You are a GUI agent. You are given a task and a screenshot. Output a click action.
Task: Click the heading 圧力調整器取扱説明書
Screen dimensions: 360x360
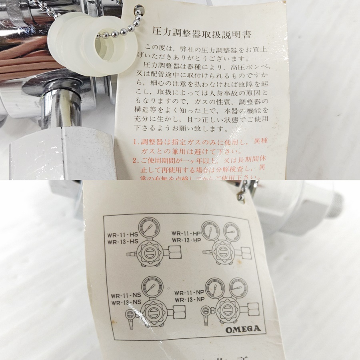[x=202, y=33]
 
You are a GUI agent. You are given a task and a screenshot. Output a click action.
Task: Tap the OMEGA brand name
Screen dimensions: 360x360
[x=243, y=330]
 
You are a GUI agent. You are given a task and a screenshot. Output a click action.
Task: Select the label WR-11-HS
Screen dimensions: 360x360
[x=122, y=235]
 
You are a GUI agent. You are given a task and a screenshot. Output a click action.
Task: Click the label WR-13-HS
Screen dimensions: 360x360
[x=122, y=242]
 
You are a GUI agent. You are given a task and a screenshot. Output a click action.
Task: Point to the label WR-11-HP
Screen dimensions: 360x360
[x=186, y=233]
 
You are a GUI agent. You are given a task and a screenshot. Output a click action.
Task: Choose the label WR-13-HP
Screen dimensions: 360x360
[x=186, y=240]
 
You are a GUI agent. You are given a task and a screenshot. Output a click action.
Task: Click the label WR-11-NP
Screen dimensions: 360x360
[x=190, y=293]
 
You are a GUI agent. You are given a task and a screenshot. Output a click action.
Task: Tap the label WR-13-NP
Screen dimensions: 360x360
[x=190, y=300]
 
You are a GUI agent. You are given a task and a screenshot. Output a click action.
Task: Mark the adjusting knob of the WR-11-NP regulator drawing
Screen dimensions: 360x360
[x=228, y=308]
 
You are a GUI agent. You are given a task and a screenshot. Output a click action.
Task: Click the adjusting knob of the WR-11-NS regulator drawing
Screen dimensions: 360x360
[x=154, y=312]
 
